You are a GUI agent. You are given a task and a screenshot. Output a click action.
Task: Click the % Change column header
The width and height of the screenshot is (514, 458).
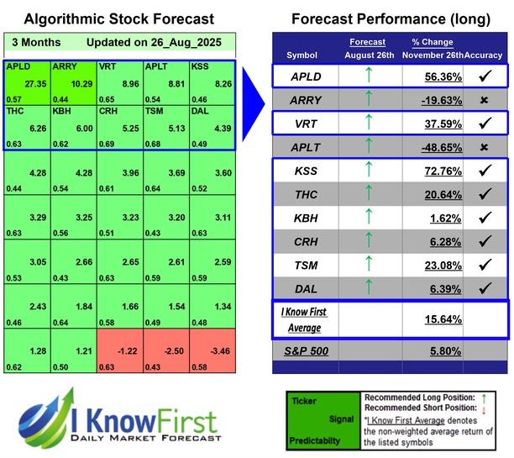(x=432, y=42)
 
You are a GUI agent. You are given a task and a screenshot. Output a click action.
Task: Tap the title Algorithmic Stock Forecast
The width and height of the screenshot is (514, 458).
(x=118, y=18)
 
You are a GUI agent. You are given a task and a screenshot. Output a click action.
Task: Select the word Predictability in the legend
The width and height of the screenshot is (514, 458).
(x=317, y=440)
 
